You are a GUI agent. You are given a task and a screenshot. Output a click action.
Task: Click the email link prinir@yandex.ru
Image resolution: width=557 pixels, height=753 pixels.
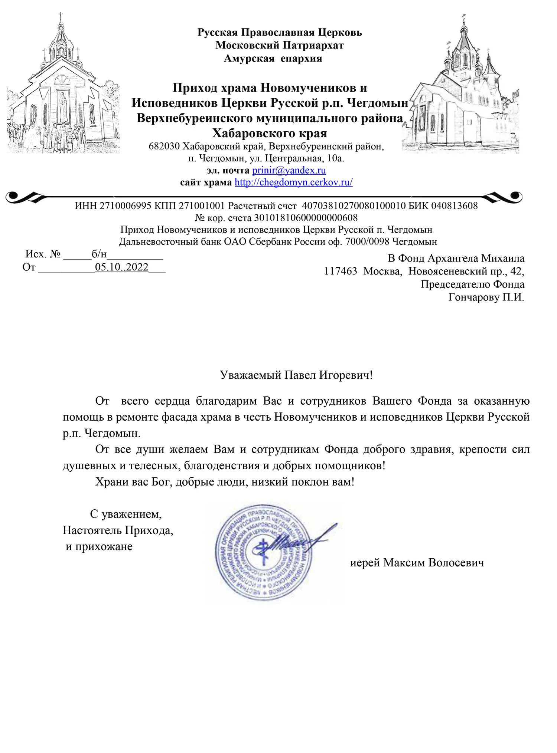(289, 170)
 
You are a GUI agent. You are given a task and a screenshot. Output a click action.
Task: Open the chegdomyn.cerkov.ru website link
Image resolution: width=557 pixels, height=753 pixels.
(293, 182)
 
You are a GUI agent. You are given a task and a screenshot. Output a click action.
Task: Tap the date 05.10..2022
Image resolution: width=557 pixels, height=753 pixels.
(122, 267)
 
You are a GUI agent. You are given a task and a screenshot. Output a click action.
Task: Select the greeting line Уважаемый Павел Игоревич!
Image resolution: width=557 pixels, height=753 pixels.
(296, 375)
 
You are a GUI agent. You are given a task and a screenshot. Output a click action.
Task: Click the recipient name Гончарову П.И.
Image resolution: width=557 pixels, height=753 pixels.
(486, 297)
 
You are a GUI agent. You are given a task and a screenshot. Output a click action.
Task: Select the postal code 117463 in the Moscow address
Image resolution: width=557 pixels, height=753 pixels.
(341, 271)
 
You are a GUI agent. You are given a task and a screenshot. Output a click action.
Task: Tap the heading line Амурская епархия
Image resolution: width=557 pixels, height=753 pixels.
(273, 58)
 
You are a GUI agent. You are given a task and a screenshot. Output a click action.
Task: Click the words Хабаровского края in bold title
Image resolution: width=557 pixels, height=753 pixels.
(270, 133)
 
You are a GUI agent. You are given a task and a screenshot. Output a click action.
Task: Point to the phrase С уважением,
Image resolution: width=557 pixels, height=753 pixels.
(126, 514)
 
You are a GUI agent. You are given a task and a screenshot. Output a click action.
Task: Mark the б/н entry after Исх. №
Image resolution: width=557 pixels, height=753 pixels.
(99, 254)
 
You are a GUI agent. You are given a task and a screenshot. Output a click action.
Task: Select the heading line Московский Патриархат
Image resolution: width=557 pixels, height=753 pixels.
(280, 45)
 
